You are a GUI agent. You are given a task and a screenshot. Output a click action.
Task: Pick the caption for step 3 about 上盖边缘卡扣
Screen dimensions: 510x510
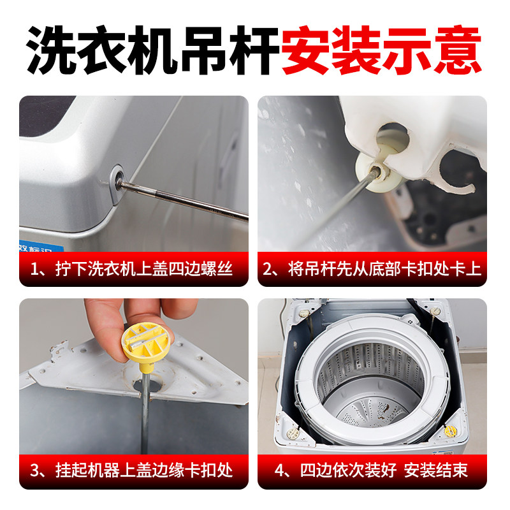pyautogui.click(x=134, y=472)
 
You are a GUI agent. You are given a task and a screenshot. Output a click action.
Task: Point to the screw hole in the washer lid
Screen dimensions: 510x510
pyautogui.click(x=118, y=175)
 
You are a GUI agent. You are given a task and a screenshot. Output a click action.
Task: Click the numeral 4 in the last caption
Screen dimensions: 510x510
pyautogui.click(x=278, y=472)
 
